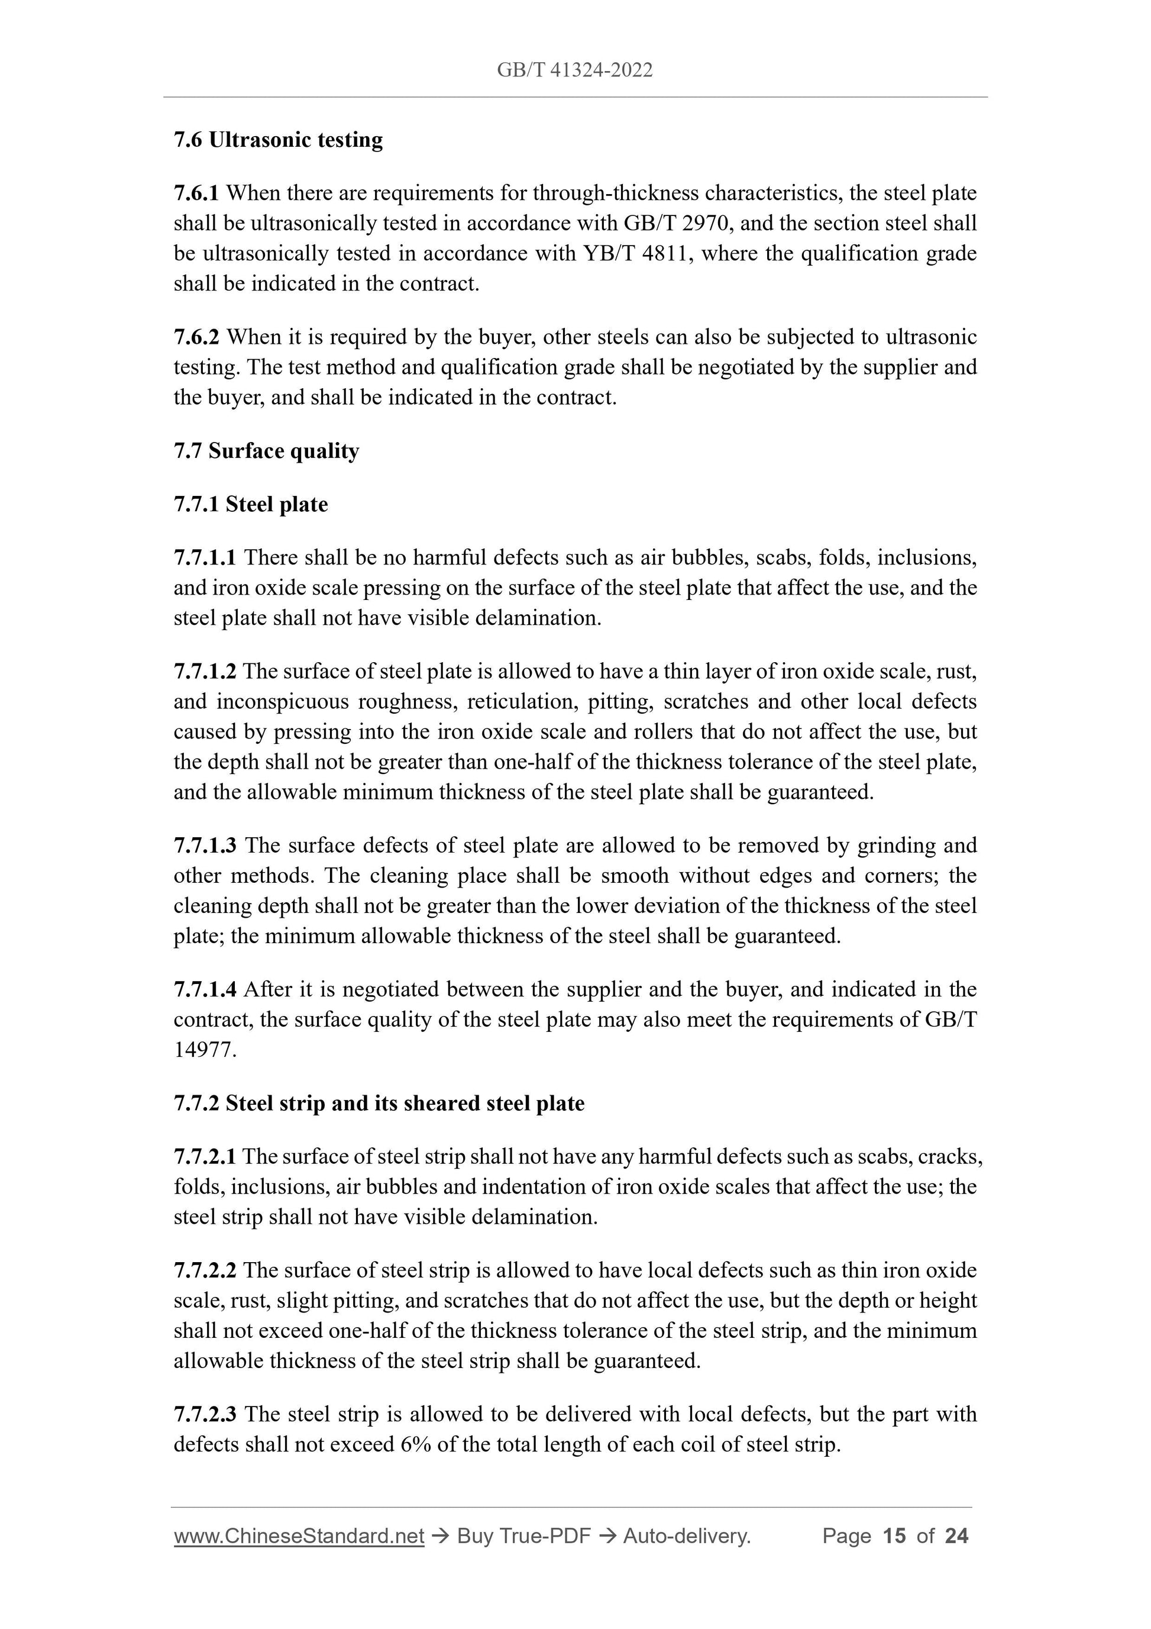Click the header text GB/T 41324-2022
tap(574, 70)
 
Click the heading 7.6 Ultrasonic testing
tap(278, 140)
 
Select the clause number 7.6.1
tap(196, 193)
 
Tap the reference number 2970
tap(700, 224)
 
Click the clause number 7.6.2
tap(196, 337)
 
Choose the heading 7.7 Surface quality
tap(266, 451)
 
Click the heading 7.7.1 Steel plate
tap(250, 505)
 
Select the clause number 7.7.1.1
tap(205, 557)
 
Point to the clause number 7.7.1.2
tap(205, 671)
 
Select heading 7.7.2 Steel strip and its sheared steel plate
tap(379, 1104)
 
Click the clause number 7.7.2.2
tap(205, 1270)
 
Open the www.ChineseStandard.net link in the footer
tap(299, 1536)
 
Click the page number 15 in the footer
tap(894, 1536)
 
